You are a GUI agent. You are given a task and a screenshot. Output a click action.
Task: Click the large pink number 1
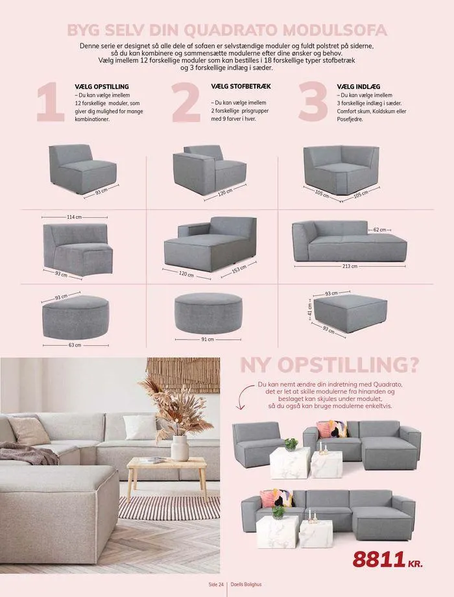coord(49,102)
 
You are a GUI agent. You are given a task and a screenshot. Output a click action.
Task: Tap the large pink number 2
coord(185,102)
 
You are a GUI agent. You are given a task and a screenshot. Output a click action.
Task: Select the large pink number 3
coord(313,101)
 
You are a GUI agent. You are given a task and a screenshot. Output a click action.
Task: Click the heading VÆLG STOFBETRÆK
coord(241,86)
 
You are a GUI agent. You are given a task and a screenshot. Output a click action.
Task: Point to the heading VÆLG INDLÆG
coord(359,87)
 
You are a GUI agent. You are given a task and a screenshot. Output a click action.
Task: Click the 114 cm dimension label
coord(74,217)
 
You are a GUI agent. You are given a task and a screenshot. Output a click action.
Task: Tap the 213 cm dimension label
coord(350,266)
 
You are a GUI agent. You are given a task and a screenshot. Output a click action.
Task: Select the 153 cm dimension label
coord(239,269)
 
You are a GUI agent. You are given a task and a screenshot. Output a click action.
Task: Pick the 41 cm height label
coord(309,308)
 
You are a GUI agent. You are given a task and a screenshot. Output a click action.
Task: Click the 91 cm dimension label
coord(208,339)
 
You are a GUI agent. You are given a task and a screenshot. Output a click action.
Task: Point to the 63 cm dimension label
coord(75,345)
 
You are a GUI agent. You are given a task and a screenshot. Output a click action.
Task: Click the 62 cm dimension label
coord(379,230)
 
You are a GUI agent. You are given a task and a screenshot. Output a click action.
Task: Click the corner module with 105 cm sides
coord(341,169)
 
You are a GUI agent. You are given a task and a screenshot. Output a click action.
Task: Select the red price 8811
coord(379,559)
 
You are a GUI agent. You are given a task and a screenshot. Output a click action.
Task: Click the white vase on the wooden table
coord(180,448)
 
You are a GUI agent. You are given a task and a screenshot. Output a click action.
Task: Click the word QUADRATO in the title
coord(224,30)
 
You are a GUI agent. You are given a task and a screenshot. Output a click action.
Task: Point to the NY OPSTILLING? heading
coord(329,365)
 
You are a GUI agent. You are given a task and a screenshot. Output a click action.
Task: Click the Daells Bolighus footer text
coord(246,584)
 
